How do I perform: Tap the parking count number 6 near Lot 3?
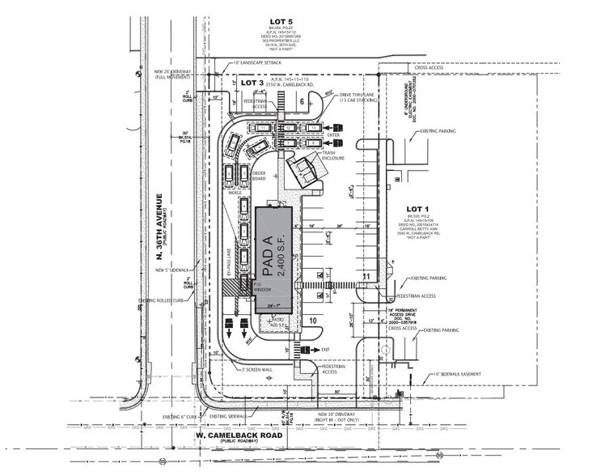point(301,102)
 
